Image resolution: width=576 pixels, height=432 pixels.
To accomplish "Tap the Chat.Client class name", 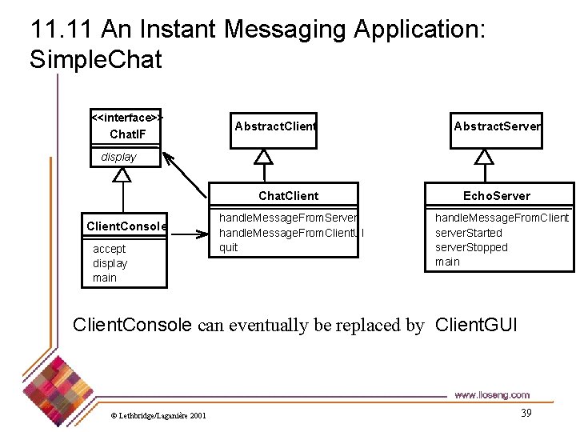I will [x=288, y=196].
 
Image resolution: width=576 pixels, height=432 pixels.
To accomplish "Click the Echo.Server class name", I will [x=497, y=196].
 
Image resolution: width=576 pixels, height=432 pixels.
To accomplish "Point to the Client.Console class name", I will [x=126, y=226].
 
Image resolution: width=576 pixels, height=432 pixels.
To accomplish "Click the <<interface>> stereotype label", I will [x=128, y=118].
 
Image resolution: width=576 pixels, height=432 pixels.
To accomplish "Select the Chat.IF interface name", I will [x=127, y=134].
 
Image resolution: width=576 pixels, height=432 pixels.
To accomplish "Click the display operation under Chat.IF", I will [x=118, y=157].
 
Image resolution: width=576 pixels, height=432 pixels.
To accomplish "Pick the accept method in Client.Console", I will [x=109, y=249].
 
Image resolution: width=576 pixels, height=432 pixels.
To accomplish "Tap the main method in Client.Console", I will [x=105, y=278].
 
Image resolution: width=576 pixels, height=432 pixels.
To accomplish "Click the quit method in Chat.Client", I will [x=229, y=247].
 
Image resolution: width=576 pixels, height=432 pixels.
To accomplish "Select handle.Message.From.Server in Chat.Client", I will [x=288, y=218].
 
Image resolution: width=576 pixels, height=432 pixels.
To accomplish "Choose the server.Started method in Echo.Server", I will [x=469, y=233].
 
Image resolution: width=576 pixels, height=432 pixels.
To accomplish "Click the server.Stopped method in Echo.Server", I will [x=471, y=247].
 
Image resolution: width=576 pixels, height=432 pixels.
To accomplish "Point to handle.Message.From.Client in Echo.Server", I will [x=502, y=218].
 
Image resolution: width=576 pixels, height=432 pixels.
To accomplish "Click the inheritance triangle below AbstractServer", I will [x=483, y=157].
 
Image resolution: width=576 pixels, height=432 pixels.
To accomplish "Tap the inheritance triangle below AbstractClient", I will [x=262, y=157].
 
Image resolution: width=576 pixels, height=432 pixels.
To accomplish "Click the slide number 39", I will [x=526, y=413].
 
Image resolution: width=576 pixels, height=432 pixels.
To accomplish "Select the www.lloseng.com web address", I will [x=491, y=394].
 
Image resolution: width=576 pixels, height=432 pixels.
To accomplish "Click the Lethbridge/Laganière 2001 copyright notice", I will [x=158, y=415].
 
